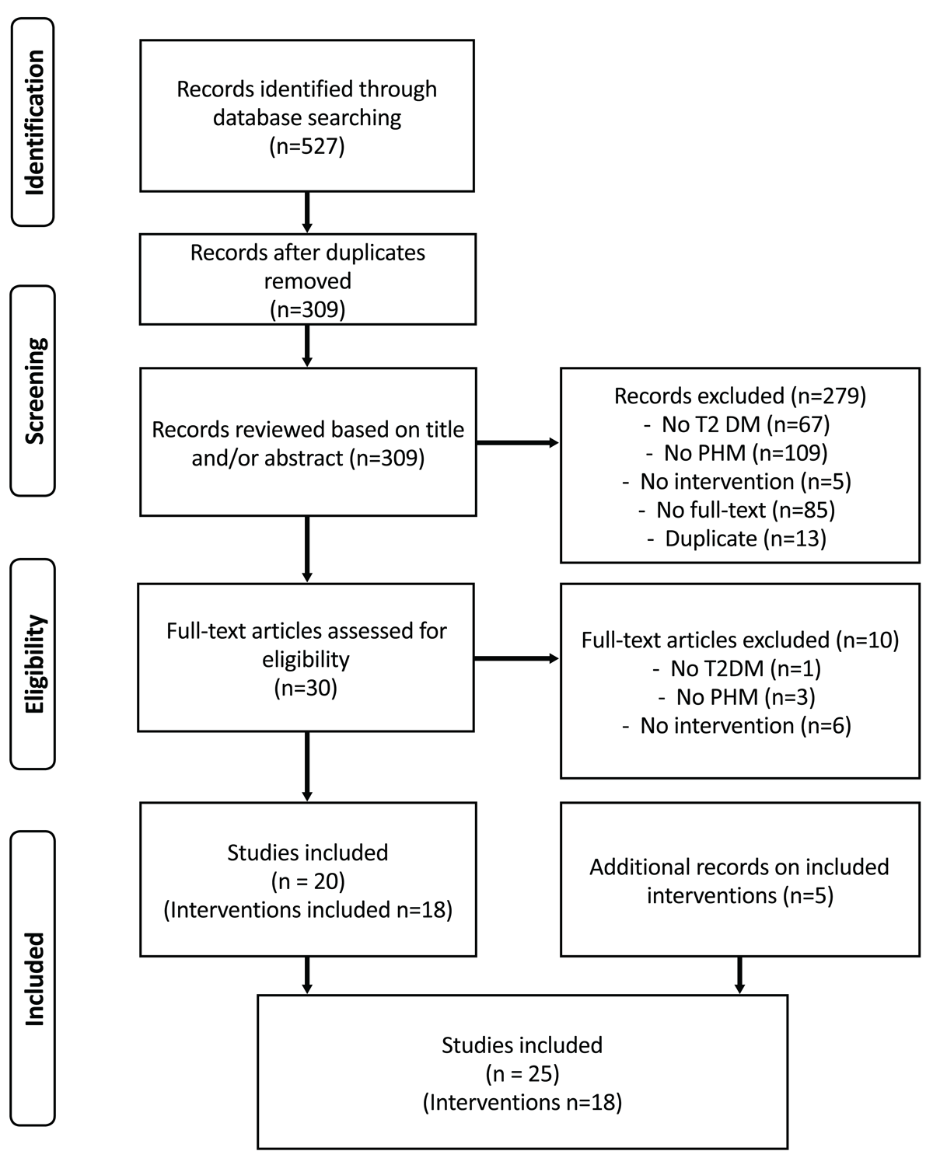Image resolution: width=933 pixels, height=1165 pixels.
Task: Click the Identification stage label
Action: pos(33,122)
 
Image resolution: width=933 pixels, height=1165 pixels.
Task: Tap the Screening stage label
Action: pos(33,390)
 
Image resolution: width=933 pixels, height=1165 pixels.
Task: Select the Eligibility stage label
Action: pos(33,664)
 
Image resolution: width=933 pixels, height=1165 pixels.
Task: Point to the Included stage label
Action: pos(33,978)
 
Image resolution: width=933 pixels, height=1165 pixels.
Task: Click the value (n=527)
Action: pos(306,146)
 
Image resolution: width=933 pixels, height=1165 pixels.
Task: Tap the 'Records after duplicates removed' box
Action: pos(307,279)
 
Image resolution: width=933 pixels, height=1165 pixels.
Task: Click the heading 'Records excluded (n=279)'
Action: pos(739,396)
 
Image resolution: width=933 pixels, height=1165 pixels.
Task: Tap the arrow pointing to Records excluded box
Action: pos(517,443)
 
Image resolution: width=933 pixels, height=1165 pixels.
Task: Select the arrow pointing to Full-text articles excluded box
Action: pos(517,659)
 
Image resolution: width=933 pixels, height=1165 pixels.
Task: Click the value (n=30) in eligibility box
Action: pos(306,688)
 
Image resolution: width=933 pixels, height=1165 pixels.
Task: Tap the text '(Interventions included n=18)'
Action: pos(307,909)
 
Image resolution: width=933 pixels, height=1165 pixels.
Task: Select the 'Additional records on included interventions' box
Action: pos(739,881)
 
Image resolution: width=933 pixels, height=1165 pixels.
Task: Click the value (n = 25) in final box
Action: pos(522,1073)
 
